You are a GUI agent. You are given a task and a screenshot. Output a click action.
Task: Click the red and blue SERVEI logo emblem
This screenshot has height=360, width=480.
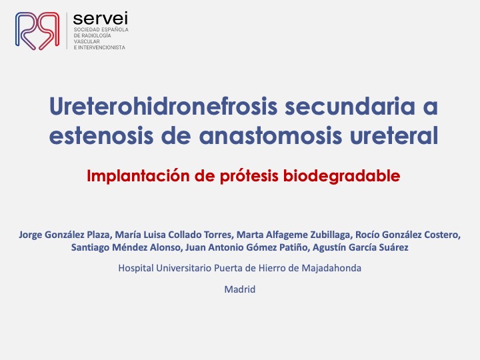point(37,31)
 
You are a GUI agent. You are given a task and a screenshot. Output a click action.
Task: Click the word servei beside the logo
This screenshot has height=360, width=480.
point(101,19)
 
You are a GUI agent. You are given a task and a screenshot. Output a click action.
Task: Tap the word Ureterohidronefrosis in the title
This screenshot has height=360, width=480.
point(163,106)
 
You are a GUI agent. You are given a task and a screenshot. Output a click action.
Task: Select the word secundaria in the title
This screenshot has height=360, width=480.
point(350,106)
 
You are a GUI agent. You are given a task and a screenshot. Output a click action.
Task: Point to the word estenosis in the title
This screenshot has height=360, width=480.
point(101,135)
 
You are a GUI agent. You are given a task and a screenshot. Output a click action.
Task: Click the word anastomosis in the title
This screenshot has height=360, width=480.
point(271,135)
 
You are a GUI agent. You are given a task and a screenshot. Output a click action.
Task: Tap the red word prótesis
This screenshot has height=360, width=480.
point(249,176)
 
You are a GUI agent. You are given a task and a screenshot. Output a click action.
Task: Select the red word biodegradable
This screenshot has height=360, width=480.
point(341,176)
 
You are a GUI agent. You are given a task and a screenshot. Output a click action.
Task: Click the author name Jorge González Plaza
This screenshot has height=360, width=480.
point(64,235)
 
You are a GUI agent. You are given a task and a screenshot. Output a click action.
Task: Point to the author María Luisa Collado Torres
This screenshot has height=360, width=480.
point(173,235)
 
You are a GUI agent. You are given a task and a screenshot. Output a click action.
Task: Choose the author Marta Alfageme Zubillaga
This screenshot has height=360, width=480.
point(293,235)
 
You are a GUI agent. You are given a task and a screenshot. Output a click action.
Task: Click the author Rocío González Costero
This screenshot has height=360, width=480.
point(407,235)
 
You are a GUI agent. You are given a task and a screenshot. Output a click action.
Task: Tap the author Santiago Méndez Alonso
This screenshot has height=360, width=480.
point(125,247)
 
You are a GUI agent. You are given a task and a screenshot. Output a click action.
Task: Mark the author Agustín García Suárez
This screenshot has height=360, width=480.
point(360,247)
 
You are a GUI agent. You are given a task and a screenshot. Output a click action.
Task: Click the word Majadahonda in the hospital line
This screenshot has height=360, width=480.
point(331,268)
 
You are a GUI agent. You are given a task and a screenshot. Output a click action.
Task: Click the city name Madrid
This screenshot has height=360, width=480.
point(240,289)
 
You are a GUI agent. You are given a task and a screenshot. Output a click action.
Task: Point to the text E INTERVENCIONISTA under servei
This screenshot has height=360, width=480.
point(99,47)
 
